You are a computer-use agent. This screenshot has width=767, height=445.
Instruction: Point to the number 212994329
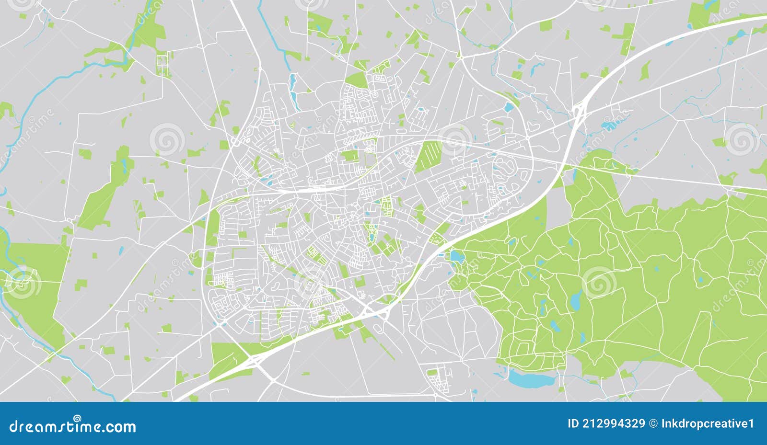pyautogui.click(x=614, y=423)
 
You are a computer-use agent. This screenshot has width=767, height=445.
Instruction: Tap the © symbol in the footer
pyautogui.click(x=653, y=423)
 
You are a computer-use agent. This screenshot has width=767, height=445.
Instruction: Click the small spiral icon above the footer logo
pyautogui.click(x=77, y=418)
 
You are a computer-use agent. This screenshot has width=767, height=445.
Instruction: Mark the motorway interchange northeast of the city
pyautogui.click(x=579, y=113)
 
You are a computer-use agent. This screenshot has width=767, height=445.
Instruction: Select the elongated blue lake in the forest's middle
pyautogui.click(x=575, y=300)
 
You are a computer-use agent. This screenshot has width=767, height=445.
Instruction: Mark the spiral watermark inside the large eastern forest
pyautogui.click(x=598, y=282)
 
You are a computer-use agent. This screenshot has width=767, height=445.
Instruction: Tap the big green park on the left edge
pyautogui.click(x=36, y=283)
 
